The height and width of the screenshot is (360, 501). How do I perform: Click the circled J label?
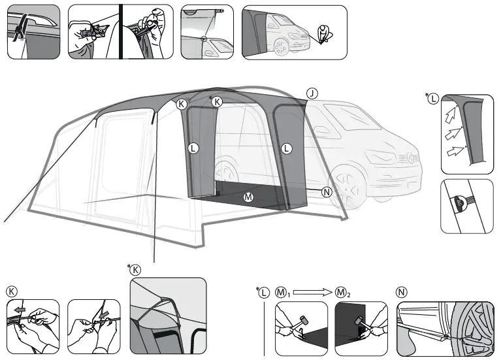point(312,93)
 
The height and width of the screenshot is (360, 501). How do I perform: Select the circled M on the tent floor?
point(248,197)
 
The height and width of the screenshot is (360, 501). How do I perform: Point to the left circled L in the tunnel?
point(193,148)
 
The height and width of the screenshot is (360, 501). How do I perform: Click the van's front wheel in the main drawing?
point(347,186)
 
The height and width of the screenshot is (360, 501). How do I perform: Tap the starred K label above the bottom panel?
point(135,270)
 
